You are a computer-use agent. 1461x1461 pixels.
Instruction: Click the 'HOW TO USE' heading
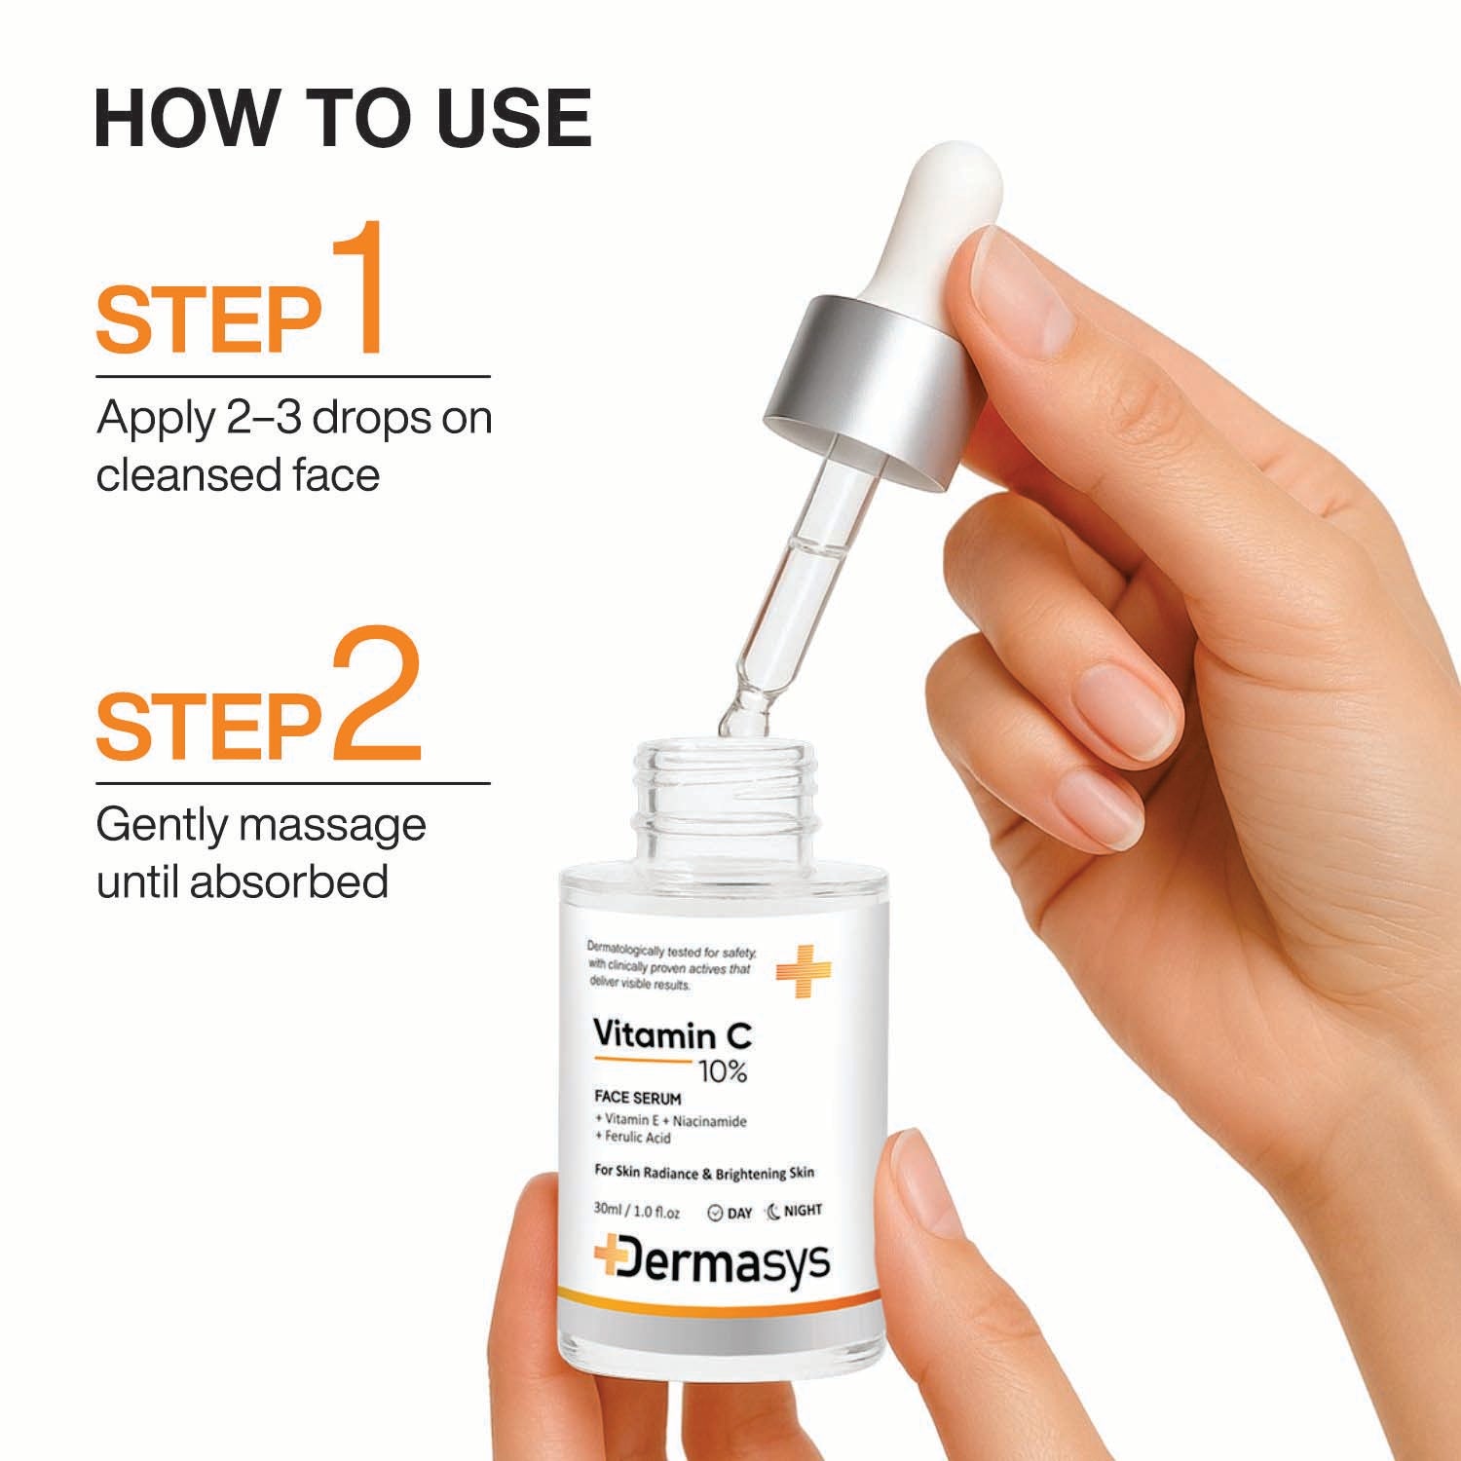pyautogui.click(x=343, y=119)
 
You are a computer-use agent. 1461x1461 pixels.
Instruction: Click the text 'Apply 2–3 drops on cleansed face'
pyautogui.click(x=293, y=447)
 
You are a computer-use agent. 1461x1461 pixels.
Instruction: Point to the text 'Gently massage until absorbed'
pyautogui.click(x=261, y=853)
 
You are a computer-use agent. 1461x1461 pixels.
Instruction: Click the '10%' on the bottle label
pyautogui.click(x=723, y=1072)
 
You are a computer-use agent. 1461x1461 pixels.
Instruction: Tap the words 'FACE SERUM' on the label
pyautogui.click(x=638, y=1099)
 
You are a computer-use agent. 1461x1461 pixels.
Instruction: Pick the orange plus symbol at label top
pyautogui.click(x=803, y=970)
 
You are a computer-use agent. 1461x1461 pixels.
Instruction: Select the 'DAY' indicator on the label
pyautogui.click(x=730, y=1213)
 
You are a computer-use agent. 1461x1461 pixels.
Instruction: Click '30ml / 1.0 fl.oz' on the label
pyautogui.click(x=636, y=1213)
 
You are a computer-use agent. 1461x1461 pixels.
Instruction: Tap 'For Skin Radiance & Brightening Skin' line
pyautogui.click(x=703, y=1173)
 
